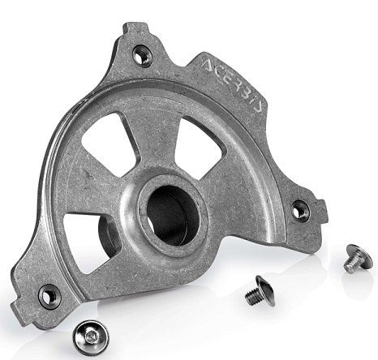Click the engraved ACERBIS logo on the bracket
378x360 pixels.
pyautogui.click(x=232, y=86)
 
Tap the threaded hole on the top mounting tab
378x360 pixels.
pyautogui.click(x=141, y=55)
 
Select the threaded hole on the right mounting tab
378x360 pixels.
pyautogui.click(x=300, y=211)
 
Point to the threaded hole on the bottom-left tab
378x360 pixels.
pyautogui.click(x=49, y=297)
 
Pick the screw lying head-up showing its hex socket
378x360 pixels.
pyautogui.click(x=91, y=336)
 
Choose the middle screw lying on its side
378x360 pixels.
pyautogui.click(x=260, y=291)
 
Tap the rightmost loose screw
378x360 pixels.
pyautogui.click(x=359, y=258)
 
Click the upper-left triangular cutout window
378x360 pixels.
pyautogui.click(x=110, y=144)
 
